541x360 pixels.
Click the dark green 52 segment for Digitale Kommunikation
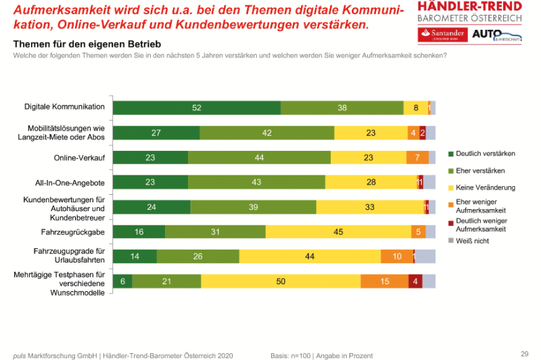point(196,108)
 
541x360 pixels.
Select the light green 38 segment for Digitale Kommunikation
point(342,108)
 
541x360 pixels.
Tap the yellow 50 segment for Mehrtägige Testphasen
point(280,282)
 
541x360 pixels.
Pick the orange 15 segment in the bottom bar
point(384,282)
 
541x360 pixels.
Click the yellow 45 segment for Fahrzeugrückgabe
point(338,232)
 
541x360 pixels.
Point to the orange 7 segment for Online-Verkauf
point(417,157)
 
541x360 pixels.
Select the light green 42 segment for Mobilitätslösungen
point(266,133)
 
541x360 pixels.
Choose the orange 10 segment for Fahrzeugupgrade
point(396,256)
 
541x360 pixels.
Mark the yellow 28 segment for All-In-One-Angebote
point(371,182)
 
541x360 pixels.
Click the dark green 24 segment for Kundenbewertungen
point(151,207)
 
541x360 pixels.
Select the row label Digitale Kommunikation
point(65,107)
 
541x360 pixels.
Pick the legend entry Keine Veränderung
point(486,187)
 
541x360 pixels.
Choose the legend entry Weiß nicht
point(473,240)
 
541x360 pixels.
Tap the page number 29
point(524,353)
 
